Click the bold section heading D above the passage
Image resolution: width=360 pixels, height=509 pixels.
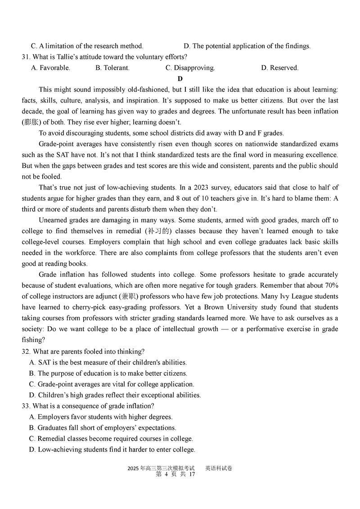coord(180,79)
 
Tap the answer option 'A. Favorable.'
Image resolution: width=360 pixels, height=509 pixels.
coord(50,68)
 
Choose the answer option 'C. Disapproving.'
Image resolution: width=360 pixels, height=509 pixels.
coord(190,68)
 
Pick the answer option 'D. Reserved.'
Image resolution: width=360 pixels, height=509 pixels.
coord(279,68)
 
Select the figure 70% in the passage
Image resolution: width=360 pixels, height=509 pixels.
coord(329,286)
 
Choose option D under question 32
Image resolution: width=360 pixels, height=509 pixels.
coord(115,395)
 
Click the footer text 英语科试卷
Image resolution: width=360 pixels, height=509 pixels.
coord(219,468)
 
